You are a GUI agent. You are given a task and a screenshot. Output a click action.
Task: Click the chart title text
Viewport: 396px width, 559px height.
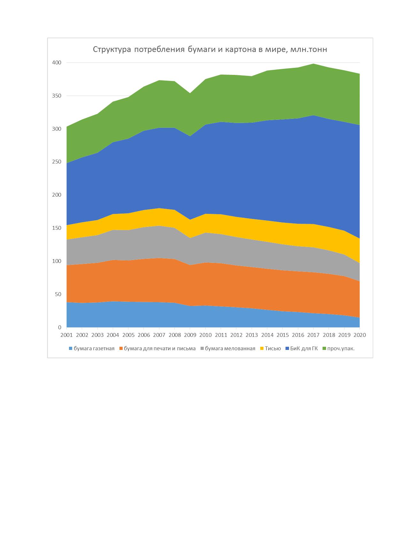pos(210,50)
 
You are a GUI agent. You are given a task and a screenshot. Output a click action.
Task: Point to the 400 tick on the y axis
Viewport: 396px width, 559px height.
pos(57,63)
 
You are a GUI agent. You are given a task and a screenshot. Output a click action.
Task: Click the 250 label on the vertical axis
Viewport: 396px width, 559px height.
pos(57,162)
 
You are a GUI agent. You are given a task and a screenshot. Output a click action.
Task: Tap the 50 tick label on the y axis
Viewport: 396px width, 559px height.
pos(58,294)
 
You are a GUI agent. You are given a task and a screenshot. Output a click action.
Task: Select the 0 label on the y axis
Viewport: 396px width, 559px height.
pos(59,327)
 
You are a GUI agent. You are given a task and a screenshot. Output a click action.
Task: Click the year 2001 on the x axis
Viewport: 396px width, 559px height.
pos(66,335)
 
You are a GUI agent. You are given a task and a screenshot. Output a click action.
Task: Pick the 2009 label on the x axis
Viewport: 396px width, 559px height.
pos(190,335)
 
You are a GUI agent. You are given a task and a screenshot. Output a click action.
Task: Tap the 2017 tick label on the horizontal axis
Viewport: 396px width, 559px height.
pos(314,335)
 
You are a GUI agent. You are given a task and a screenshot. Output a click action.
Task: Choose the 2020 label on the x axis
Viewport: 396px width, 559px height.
pos(360,335)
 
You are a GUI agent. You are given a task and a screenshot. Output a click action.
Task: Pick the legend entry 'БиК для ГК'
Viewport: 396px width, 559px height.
pos(301,349)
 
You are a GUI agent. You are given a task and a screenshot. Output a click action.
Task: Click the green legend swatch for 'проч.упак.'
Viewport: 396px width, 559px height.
pos(324,349)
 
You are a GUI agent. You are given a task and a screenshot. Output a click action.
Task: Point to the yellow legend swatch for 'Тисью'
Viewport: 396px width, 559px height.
pos(262,349)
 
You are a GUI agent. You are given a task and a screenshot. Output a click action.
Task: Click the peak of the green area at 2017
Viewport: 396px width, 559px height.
pos(314,64)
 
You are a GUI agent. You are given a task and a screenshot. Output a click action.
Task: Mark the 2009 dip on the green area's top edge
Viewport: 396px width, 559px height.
pos(190,93)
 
